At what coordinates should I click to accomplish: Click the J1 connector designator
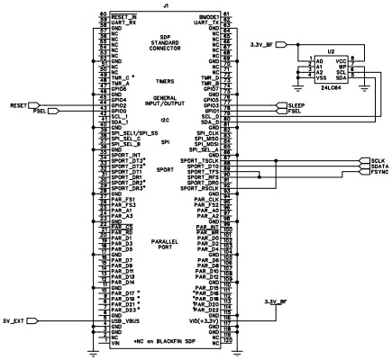163,5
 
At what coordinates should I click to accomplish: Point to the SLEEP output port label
296,105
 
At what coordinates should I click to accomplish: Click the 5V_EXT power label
16,319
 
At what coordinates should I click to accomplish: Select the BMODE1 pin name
205,15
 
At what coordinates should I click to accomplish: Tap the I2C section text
164,120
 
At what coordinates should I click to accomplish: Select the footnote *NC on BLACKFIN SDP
164,342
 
